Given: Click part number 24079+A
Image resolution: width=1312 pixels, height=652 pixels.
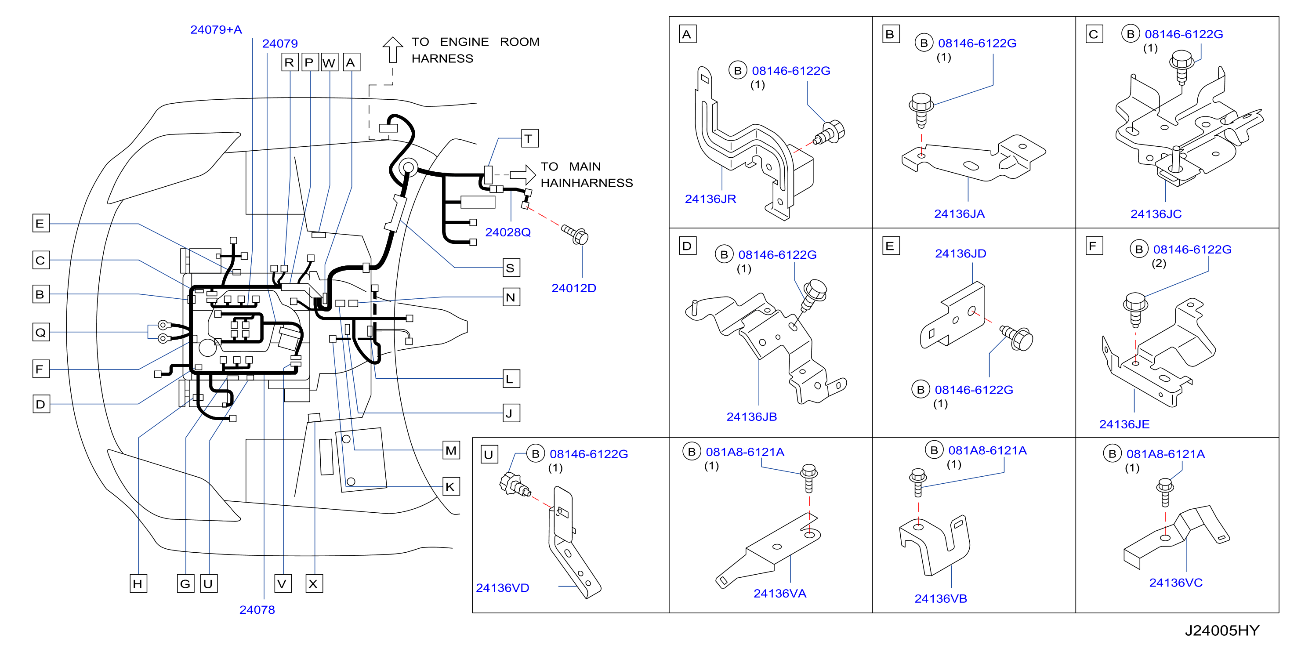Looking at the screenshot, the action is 216,29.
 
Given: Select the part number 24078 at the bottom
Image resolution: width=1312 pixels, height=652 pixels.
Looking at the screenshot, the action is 257,610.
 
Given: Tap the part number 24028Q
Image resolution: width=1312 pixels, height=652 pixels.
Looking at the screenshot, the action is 508,232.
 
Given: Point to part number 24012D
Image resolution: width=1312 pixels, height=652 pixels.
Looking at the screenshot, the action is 573,288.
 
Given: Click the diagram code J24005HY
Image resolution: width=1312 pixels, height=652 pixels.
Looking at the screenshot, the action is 1222,630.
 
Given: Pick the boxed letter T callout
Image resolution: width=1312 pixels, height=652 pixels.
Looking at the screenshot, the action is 530,138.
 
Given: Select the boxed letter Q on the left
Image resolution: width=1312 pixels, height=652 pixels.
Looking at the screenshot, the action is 41,332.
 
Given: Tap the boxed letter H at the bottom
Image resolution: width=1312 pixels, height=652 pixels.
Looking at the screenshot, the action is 138,583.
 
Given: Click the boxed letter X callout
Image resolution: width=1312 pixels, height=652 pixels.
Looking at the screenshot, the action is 314,583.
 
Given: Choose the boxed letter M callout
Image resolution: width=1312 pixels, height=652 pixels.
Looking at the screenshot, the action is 451,450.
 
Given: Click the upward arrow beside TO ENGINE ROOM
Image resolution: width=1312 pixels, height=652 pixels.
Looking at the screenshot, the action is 393,49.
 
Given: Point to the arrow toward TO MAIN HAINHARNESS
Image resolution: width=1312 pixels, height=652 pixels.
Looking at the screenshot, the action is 522,175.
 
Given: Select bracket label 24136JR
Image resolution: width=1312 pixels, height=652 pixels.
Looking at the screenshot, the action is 710,199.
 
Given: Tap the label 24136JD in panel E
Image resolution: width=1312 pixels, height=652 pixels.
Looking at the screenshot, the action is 960,254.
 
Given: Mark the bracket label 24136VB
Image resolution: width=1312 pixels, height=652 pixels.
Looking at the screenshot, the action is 941,598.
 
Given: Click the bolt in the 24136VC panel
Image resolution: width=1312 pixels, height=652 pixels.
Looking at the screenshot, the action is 1164,492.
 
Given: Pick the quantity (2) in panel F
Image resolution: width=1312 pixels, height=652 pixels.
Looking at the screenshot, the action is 1159,263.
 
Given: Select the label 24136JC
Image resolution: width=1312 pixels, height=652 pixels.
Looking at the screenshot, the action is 1156,214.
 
